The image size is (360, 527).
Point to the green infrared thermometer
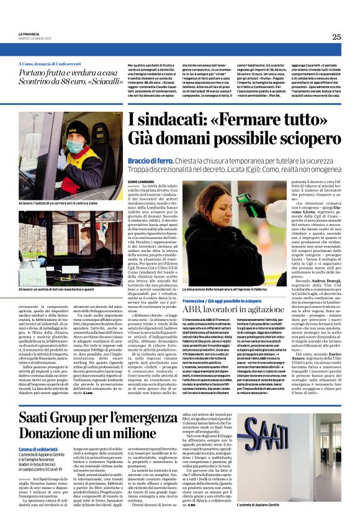point(245,200)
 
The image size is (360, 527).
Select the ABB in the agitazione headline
point(193,309)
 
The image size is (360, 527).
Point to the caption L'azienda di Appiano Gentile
point(272,522)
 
